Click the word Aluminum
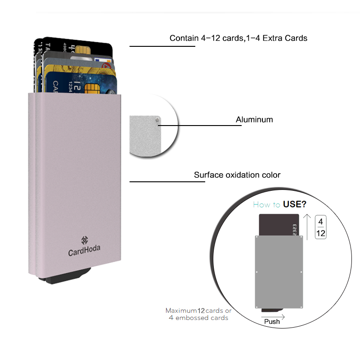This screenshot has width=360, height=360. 254,120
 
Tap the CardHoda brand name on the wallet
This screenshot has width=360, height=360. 84,252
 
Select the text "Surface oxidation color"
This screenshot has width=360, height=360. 237,175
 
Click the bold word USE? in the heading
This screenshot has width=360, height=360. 295,205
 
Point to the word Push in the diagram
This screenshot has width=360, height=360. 272,321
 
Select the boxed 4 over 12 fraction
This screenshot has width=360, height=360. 321,227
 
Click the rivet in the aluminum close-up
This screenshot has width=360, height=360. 156,120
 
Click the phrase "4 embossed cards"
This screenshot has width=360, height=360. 198,318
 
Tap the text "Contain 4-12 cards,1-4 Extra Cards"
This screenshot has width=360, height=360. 238,38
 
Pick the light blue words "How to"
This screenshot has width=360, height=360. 267,205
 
